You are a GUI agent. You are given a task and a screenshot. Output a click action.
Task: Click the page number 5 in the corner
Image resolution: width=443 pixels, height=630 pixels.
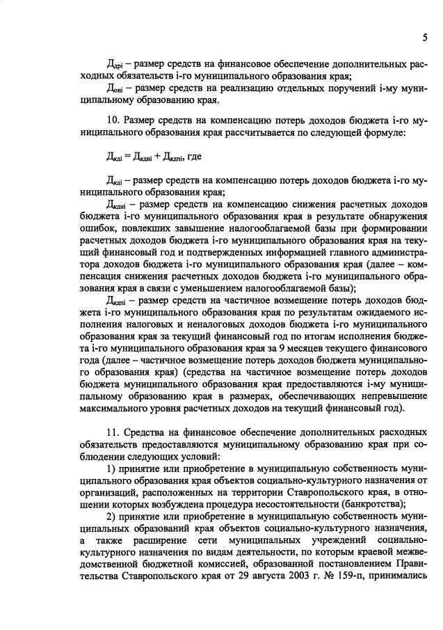(x=424, y=37)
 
